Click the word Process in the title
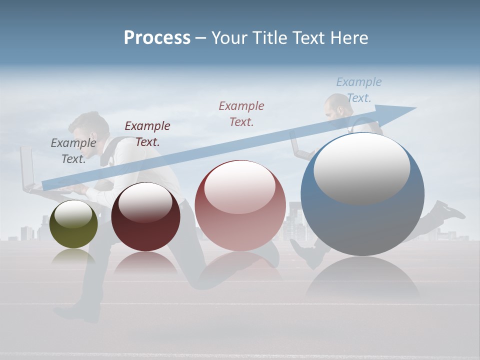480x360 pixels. pos(157,38)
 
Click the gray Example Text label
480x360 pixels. pos(73,150)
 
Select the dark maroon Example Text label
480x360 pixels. pos(147,133)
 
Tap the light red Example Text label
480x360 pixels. pos(241,113)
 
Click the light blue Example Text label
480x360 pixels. pos(359,89)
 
